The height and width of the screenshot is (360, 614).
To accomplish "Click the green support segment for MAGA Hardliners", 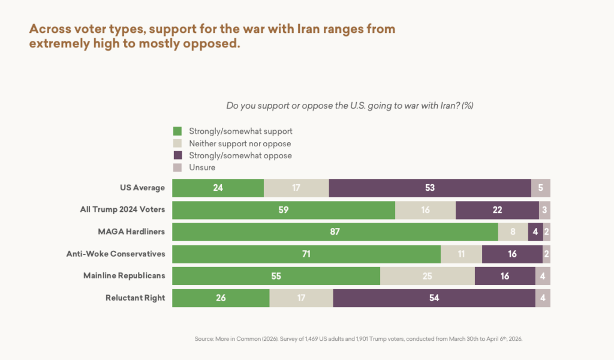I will pyautogui.click(x=335, y=232).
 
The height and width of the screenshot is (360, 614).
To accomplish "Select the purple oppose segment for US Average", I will pyautogui.click(x=430, y=188).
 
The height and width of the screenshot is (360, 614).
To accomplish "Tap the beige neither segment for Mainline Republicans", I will pyautogui.click(x=427, y=276).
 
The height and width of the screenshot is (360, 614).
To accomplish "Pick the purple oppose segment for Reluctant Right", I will pyautogui.click(x=434, y=298).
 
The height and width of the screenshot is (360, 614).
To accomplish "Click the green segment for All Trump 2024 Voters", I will pyautogui.click(x=284, y=210).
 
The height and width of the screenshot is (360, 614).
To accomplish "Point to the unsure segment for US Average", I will pyautogui.click(x=541, y=188).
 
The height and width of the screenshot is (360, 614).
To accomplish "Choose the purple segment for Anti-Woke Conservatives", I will pyautogui.click(x=512, y=254).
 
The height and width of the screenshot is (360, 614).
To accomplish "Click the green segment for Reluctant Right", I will pyautogui.click(x=221, y=298).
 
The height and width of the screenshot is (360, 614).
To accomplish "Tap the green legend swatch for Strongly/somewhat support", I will pyautogui.click(x=177, y=131).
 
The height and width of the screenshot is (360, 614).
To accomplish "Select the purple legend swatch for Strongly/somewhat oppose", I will pyautogui.click(x=177, y=155).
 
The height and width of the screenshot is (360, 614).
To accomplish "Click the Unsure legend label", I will pyautogui.click(x=202, y=167).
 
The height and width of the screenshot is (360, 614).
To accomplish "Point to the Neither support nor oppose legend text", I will pyautogui.click(x=240, y=143).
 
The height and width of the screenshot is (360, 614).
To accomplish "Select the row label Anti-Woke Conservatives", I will pyautogui.click(x=116, y=254).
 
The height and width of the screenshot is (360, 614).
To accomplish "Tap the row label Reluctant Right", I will pyautogui.click(x=136, y=298).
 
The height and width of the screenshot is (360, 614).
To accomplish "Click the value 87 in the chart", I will pyautogui.click(x=335, y=232).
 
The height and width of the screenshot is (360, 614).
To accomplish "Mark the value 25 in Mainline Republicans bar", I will pyautogui.click(x=427, y=276).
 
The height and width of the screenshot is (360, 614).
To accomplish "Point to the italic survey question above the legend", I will pyautogui.click(x=350, y=106).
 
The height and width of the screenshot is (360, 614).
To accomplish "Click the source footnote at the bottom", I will pyautogui.click(x=359, y=339).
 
